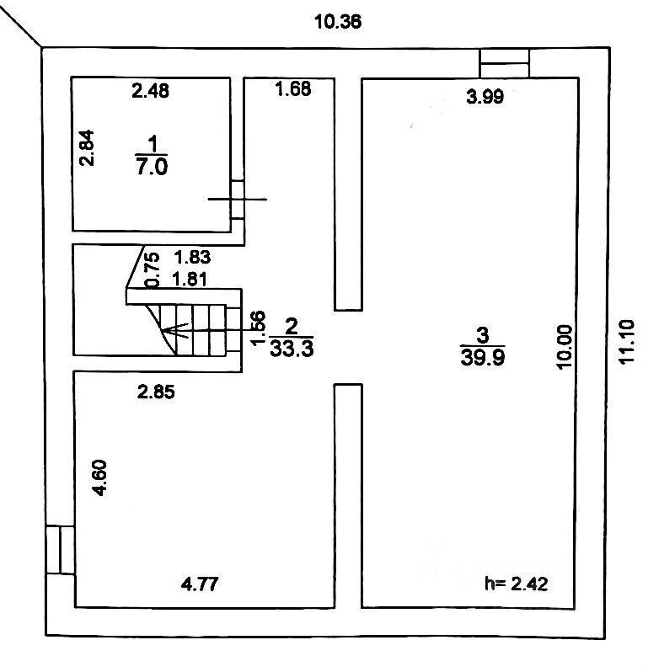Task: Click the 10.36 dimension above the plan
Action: (x=337, y=22)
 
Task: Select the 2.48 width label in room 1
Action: (x=151, y=91)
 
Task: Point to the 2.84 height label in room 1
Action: (x=86, y=148)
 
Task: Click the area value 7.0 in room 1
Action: (x=152, y=165)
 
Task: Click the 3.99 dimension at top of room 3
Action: (x=485, y=97)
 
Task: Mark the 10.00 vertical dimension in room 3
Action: (x=565, y=346)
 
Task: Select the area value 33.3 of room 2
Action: (x=292, y=349)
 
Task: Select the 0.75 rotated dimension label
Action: (x=153, y=269)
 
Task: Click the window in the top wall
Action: (x=504, y=62)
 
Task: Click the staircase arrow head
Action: (x=169, y=330)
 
